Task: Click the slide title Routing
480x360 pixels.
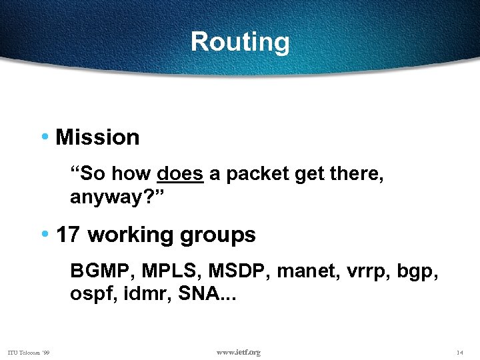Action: [x=240, y=42]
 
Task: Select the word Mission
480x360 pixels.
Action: [x=97, y=137]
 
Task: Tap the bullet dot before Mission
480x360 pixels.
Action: [x=44, y=137]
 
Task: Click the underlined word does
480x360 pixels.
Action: [x=180, y=174]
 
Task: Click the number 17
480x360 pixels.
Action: [x=68, y=235]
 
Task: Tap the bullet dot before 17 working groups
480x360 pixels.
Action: [x=44, y=234]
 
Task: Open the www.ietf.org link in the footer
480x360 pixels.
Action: [x=239, y=352]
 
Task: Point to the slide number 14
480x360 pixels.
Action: [x=459, y=352]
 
